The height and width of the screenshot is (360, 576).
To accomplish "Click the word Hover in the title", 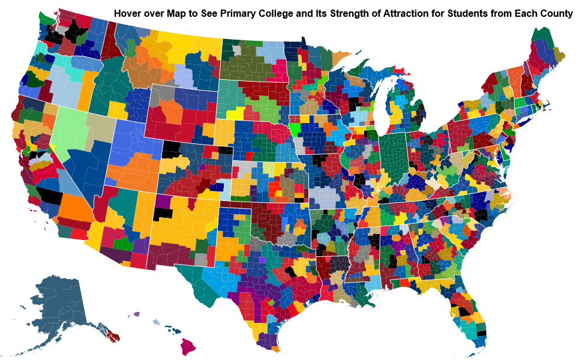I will pyautogui.click(x=128, y=13).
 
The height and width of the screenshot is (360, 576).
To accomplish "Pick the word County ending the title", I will pyautogui.click(x=557, y=13).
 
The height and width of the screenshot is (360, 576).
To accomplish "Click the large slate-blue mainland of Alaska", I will pyautogui.click(x=57, y=306).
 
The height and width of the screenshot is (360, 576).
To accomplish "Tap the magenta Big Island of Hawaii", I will pyautogui.click(x=189, y=346).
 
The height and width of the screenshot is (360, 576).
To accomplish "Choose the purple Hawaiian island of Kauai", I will pyautogui.click(x=137, y=314).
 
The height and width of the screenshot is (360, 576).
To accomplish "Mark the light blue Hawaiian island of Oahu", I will pyautogui.click(x=157, y=322).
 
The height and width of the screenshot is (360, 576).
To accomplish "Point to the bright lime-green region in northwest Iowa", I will pyautogui.click(x=295, y=128).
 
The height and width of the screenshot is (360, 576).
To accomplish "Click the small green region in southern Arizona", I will pyautogui.click(x=123, y=244).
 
